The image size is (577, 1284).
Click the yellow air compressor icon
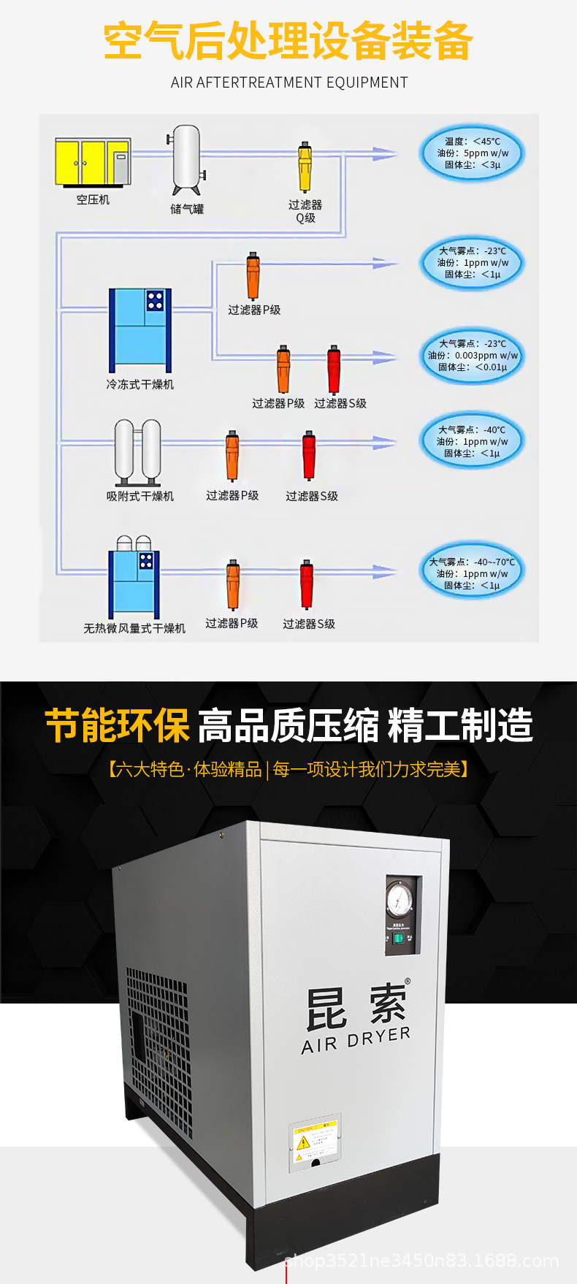point(93,162)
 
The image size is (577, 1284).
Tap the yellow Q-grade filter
point(305,167)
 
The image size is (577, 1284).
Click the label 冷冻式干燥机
point(140,384)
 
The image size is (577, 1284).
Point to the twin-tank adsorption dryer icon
point(138,452)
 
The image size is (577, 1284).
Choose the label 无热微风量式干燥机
point(134,628)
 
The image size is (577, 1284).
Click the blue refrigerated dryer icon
point(140,329)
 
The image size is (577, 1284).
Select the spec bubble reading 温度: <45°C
point(473,153)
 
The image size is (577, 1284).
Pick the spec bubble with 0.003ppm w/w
point(473,356)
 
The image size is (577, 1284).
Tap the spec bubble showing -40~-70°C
point(473,573)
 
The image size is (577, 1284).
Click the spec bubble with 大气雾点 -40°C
point(473,441)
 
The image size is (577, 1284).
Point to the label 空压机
point(93,199)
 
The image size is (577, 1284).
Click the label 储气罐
point(187,209)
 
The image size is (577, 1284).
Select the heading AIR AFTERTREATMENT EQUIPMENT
point(289,83)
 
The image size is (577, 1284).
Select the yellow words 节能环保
point(117,725)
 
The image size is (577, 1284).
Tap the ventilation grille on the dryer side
point(159,1037)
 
